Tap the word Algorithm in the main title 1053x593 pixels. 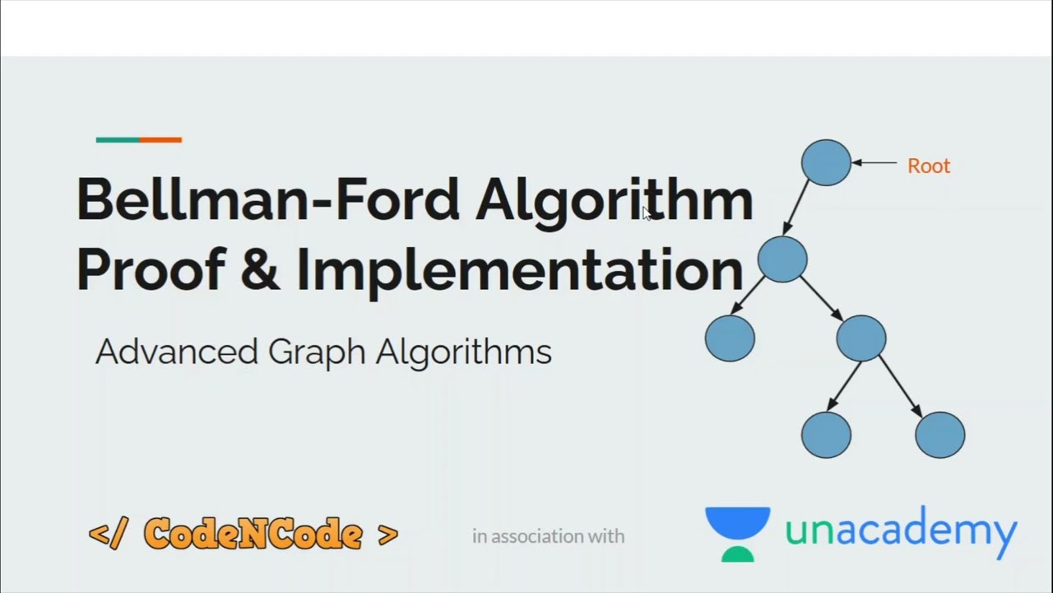tap(614, 200)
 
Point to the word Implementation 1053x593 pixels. tap(518, 269)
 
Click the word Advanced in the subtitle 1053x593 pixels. tap(177, 352)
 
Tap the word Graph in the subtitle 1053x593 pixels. tap(317, 352)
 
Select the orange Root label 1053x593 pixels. tap(929, 166)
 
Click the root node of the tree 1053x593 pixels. tap(826, 162)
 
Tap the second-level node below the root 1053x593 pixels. tap(782, 259)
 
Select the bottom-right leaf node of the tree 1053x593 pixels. tap(939, 434)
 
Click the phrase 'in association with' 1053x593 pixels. tap(548, 536)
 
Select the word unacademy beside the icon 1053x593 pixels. tap(901, 531)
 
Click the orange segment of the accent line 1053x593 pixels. tap(160, 140)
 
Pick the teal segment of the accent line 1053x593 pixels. tap(117, 140)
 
